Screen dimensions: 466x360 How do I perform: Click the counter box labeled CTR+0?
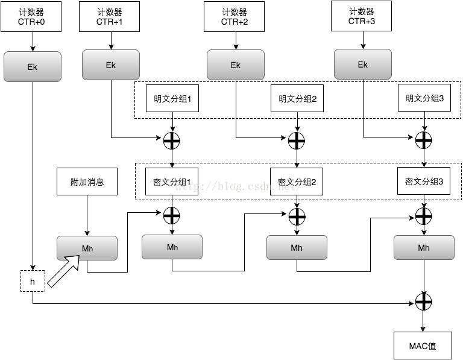(x=31, y=17)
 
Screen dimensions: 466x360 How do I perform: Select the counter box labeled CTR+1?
(x=109, y=17)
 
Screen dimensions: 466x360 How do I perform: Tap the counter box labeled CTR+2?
(x=234, y=17)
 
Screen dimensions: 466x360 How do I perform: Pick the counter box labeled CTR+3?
(x=361, y=16)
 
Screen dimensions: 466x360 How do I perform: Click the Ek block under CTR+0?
(x=33, y=66)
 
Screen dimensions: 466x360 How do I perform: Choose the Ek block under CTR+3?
(x=363, y=64)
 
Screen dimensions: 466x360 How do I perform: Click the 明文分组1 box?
(x=172, y=98)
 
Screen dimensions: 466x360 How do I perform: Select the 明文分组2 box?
(x=297, y=98)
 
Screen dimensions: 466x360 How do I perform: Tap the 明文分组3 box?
(x=424, y=98)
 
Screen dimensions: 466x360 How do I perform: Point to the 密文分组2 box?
(x=297, y=182)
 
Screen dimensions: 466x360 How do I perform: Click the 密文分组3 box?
(x=424, y=181)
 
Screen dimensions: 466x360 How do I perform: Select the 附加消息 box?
(x=87, y=182)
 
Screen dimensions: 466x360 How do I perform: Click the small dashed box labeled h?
(x=33, y=281)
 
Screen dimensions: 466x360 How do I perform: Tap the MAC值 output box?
(x=423, y=346)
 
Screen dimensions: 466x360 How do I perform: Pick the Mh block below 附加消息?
(x=87, y=248)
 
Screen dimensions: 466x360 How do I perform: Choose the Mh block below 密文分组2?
(x=297, y=247)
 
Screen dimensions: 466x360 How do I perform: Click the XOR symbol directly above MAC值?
(x=424, y=302)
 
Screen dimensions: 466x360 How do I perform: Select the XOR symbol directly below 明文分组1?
(x=172, y=141)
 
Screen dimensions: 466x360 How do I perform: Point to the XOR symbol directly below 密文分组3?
(x=424, y=216)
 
